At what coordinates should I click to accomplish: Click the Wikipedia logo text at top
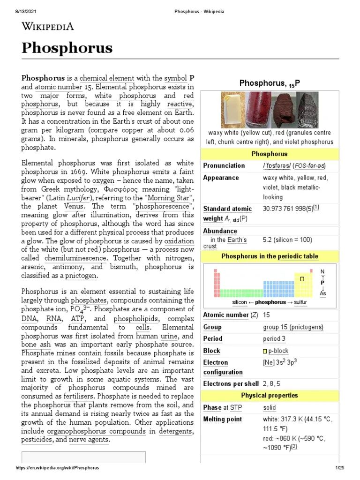[x=47, y=26]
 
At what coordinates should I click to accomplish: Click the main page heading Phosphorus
[x=67, y=48]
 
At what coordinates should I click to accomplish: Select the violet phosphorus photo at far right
[x=307, y=110]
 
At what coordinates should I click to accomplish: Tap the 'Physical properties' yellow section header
[x=269, y=395]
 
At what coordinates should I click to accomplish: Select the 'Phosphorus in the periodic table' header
[x=269, y=256]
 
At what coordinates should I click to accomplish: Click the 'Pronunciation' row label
[x=224, y=165]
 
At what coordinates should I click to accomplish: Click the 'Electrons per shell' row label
[x=231, y=384]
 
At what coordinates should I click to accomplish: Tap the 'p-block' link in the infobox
[x=278, y=351]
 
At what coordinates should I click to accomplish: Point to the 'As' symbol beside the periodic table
[x=322, y=293]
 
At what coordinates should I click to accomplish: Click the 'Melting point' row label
[x=222, y=420]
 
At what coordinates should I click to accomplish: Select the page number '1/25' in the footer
[x=339, y=468]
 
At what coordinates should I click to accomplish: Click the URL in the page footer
[x=57, y=468]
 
